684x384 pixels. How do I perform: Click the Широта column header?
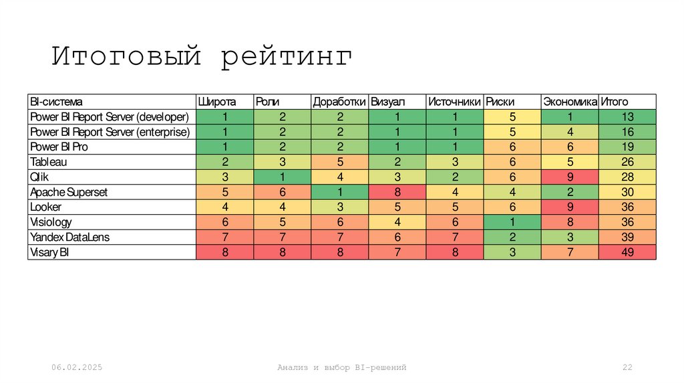216,102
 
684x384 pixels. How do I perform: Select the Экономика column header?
569,102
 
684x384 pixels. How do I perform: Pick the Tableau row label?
49,162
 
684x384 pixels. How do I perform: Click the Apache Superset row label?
69,192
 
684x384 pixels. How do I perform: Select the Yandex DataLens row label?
69,237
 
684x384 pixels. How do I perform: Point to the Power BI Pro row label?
59,147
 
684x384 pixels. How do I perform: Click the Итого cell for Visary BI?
627,252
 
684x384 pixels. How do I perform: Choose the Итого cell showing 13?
627,116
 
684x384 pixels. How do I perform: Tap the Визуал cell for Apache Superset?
397,192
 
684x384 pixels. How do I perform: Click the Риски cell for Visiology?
512,222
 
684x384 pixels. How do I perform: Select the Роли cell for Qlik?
283,177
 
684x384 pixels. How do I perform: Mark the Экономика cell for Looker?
570,207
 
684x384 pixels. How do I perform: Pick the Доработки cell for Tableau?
340,162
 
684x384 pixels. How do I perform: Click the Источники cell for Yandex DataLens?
454,237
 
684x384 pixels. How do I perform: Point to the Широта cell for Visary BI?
225,252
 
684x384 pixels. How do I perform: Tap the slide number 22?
627,367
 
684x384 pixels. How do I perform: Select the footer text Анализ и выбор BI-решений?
342,367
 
